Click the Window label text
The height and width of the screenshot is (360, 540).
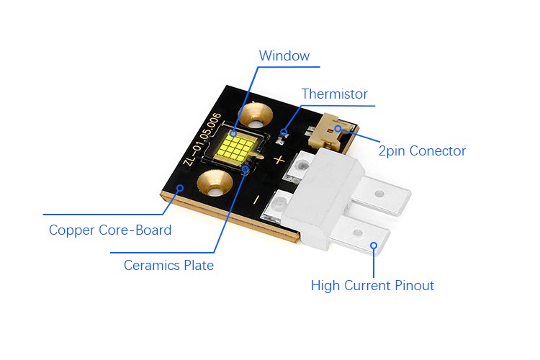click(284, 56)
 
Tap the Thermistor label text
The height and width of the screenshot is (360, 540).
click(334, 94)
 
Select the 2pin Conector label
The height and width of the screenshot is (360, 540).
click(422, 151)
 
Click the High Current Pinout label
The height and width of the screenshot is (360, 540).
click(372, 286)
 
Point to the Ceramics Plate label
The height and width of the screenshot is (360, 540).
click(168, 265)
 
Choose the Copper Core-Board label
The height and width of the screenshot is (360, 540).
click(110, 230)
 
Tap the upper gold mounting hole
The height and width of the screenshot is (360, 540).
click(255, 117)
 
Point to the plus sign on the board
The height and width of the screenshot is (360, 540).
click(279, 160)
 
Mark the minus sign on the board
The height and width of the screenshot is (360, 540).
click(256, 199)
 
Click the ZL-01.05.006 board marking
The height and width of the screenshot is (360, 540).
click(204, 139)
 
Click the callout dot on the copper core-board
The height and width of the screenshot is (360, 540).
click(180, 188)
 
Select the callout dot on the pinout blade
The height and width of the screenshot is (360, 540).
click(374, 246)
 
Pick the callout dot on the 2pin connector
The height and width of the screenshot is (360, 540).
click(338, 128)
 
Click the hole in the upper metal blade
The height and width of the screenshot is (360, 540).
click(379, 194)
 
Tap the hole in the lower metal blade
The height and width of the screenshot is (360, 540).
click(357, 233)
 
